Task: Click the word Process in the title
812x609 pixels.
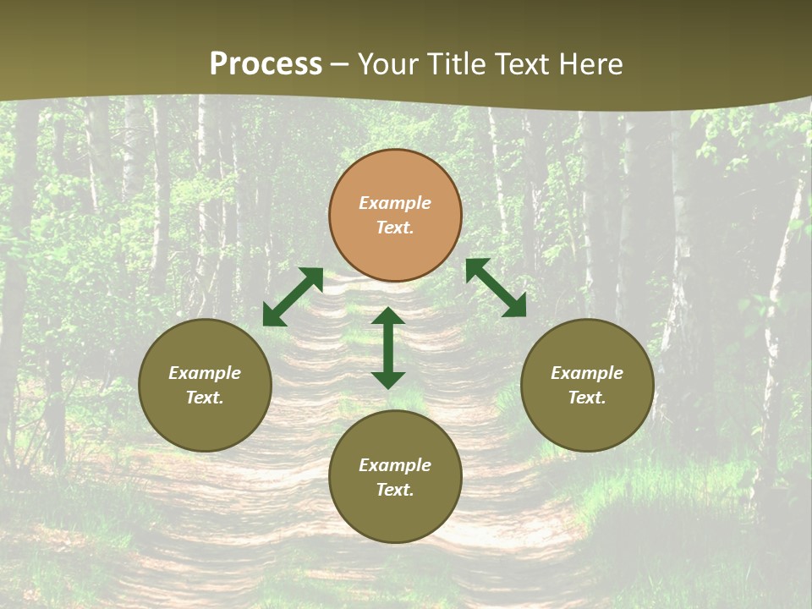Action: click(266, 64)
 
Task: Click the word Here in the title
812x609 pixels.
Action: click(591, 64)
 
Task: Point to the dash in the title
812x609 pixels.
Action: click(340, 65)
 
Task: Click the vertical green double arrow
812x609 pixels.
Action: click(388, 348)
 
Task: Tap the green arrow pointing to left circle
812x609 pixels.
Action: click(293, 297)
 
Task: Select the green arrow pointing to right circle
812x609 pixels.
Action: click(496, 288)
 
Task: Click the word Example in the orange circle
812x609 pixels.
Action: click(395, 203)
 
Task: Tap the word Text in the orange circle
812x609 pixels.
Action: click(395, 228)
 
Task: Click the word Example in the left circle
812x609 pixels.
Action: click(205, 373)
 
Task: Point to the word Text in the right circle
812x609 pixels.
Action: click(587, 398)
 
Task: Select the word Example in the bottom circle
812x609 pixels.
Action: click(395, 465)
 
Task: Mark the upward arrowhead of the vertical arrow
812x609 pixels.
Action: click(388, 316)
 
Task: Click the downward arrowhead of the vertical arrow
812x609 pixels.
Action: click(388, 380)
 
